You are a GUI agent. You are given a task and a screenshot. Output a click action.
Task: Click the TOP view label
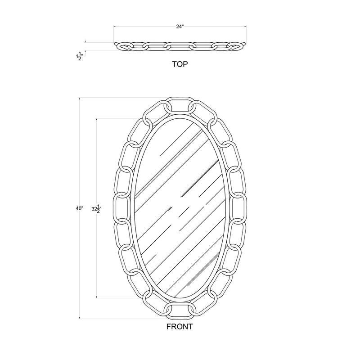coord(180,64)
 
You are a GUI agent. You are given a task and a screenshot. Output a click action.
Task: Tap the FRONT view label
coord(179,327)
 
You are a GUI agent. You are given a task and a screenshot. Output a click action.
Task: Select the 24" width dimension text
coord(180,27)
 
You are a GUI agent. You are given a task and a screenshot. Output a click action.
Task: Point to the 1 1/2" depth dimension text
coord(79,56)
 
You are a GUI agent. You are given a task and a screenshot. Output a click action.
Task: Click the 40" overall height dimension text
coord(80,208)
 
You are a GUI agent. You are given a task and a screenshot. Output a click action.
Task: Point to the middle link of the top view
coord(180,46)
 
